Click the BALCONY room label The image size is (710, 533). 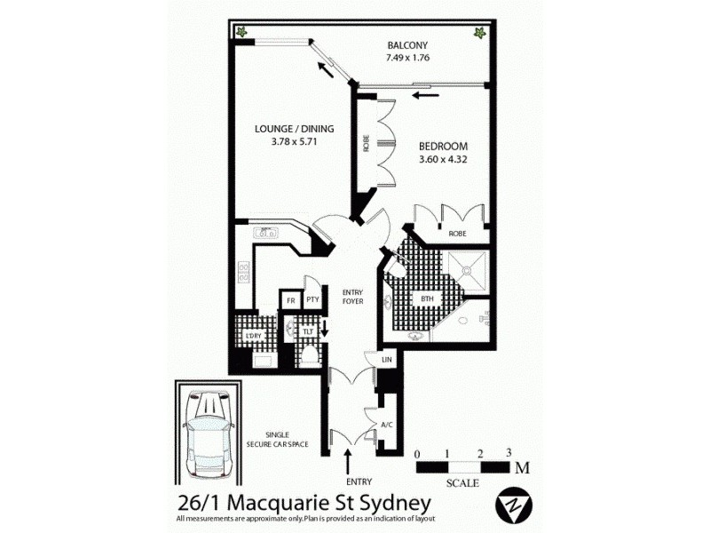tap(407, 45)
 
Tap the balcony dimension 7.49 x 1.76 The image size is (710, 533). tap(407, 58)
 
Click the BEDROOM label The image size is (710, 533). tap(443, 147)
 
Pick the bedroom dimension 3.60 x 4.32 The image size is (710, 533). tap(443, 160)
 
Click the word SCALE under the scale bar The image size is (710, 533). tap(463, 483)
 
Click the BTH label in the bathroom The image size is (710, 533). tap(427, 299)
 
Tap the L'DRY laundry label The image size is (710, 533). tap(253, 336)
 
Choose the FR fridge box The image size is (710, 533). tap(289, 301)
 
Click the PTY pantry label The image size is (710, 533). tap(312, 301)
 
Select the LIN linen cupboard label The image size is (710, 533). tap(387, 359)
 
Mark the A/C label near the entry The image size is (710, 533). tap(386, 425)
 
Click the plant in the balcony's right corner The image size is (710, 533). tap(479, 33)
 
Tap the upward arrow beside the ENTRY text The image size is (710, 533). tap(348, 461)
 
